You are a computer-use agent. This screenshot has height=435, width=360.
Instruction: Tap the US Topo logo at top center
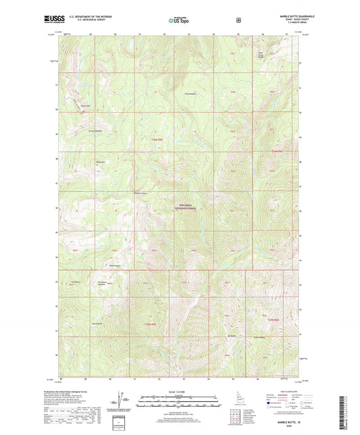179,20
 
